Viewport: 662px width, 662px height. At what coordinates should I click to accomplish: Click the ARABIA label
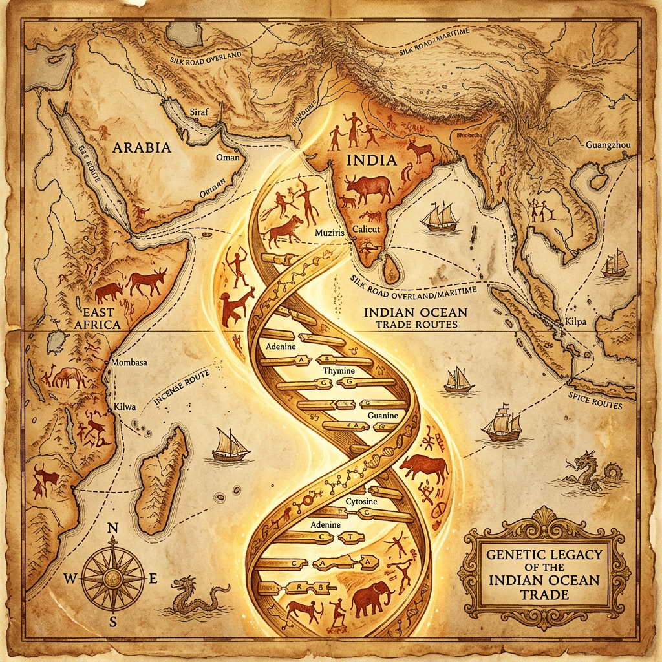click(142, 147)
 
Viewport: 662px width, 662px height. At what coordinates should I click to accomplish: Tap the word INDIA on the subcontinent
click(372, 159)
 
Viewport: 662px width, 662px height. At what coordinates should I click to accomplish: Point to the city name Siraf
click(201, 112)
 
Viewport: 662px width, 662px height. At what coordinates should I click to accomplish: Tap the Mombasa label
click(129, 363)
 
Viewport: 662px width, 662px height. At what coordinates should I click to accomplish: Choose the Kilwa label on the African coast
click(125, 407)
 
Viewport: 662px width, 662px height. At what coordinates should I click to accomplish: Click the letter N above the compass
click(112, 528)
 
